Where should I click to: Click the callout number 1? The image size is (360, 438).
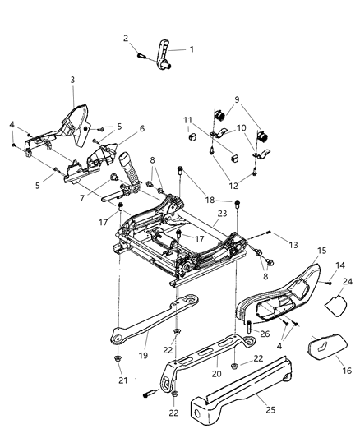192,49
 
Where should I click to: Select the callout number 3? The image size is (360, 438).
72,79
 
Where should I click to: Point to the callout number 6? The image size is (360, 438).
141,129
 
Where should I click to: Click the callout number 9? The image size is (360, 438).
238,99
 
